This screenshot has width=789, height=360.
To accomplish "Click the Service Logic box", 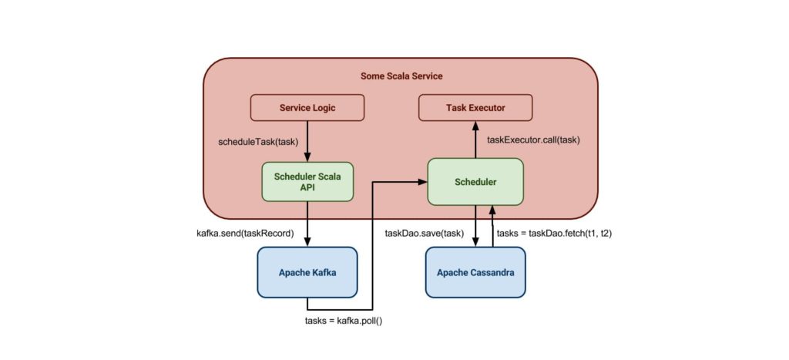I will pyautogui.click(x=307, y=108).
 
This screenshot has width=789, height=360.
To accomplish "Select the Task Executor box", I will pyautogui.click(x=475, y=108).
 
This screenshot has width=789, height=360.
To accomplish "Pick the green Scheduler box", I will pyautogui.click(x=475, y=183).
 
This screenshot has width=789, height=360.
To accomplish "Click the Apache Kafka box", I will pyautogui.click(x=307, y=272).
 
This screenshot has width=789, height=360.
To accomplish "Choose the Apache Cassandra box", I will pyautogui.click(x=475, y=272).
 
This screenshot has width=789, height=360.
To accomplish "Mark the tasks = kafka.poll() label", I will pyautogui.click(x=344, y=319).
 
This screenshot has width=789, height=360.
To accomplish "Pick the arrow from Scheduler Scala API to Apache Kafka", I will pyautogui.click(x=307, y=225).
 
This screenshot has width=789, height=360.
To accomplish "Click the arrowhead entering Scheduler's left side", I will pyautogui.click(x=423, y=182).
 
